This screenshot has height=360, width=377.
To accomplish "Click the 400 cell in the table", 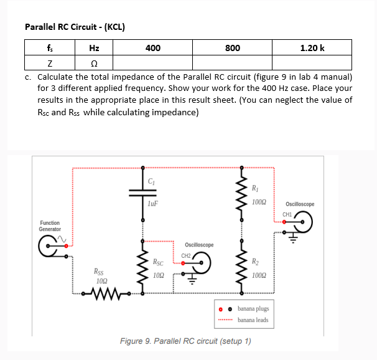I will (x=152, y=47).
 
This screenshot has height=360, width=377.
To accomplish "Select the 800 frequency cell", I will (x=232, y=47).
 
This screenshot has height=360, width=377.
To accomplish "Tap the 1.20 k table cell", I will (x=312, y=47).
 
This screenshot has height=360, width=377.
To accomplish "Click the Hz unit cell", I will (x=94, y=47).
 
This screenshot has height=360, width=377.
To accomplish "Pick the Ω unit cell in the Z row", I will (x=94, y=64).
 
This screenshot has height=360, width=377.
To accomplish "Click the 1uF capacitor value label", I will (x=154, y=202).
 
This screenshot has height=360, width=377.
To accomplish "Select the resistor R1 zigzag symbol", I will (x=241, y=193).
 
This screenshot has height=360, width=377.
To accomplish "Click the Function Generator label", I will (x=50, y=225).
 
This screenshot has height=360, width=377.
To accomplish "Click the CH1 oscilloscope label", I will (x=287, y=214).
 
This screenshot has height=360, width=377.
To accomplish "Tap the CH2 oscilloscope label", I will (x=186, y=255).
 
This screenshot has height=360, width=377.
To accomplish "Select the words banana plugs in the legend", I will (x=253, y=309).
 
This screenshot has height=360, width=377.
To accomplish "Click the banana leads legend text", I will (x=253, y=320).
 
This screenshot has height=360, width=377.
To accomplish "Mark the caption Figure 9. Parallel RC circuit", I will (x=185, y=341).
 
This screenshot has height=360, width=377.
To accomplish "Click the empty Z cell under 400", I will (x=152, y=64).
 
